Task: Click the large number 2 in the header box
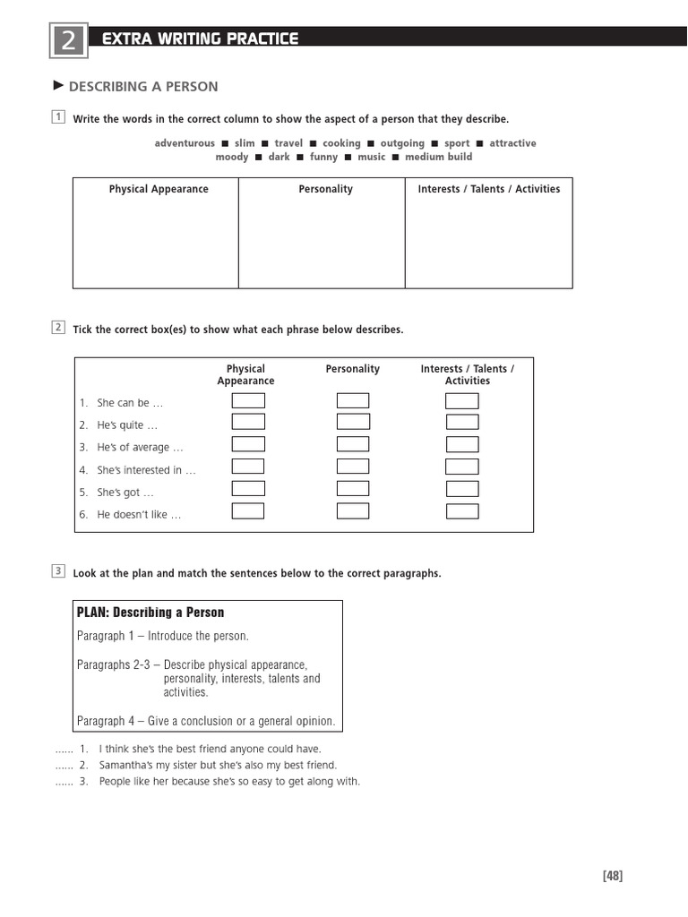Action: [x=68, y=41]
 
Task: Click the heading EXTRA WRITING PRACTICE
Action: [x=200, y=39]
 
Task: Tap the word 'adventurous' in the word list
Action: [x=185, y=143]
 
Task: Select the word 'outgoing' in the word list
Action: [x=402, y=143]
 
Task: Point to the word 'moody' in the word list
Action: [x=231, y=157]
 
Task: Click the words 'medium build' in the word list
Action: [x=438, y=157]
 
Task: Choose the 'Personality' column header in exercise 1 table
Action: [x=325, y=189]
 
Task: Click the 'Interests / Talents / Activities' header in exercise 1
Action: [x=488, y=189]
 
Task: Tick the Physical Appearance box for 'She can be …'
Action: [x=248, y=400]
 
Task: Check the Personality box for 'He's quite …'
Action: [x=353, y=422]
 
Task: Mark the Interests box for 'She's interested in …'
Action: [x=462, y=467]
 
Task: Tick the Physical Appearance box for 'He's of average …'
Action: [x=248, y=444]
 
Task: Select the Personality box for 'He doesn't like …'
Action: [x=353, y=511]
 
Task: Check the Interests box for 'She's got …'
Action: [x=462, y=489]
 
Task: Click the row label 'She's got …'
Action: [x=125, y=493]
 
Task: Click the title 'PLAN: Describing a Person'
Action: [x=150, y=613]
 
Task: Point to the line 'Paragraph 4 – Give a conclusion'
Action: [x=206, y=721]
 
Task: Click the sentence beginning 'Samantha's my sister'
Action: [x=218, y=765]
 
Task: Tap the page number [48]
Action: [x=612, y=876]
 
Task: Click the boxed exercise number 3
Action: [x=58, y=570]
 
